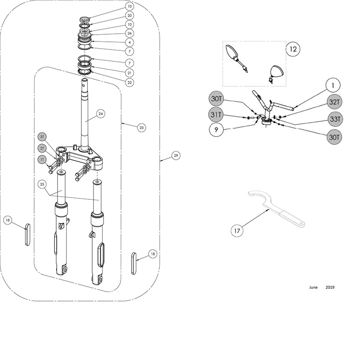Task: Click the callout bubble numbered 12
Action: point(293,49)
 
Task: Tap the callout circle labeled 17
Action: point(237,230)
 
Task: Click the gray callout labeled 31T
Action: point(216,114)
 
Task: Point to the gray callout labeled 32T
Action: point(334,102)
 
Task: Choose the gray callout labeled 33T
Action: point(335,119)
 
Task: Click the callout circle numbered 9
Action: point(216,130)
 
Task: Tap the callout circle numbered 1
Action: point(333,85)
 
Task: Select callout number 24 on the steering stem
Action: point(101,114)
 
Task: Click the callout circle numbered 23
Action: point(141,128)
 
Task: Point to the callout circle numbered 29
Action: point(176,155)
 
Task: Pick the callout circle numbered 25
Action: point(42,184)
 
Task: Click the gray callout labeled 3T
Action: point(42,137)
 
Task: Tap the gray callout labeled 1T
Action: point(42,159)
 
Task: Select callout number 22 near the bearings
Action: point(130,82)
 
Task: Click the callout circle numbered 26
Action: point(130,33)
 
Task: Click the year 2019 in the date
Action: point(330,287)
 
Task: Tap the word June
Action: point(313,287)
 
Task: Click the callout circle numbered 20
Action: point(130,15)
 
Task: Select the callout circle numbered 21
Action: point(130,73)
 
